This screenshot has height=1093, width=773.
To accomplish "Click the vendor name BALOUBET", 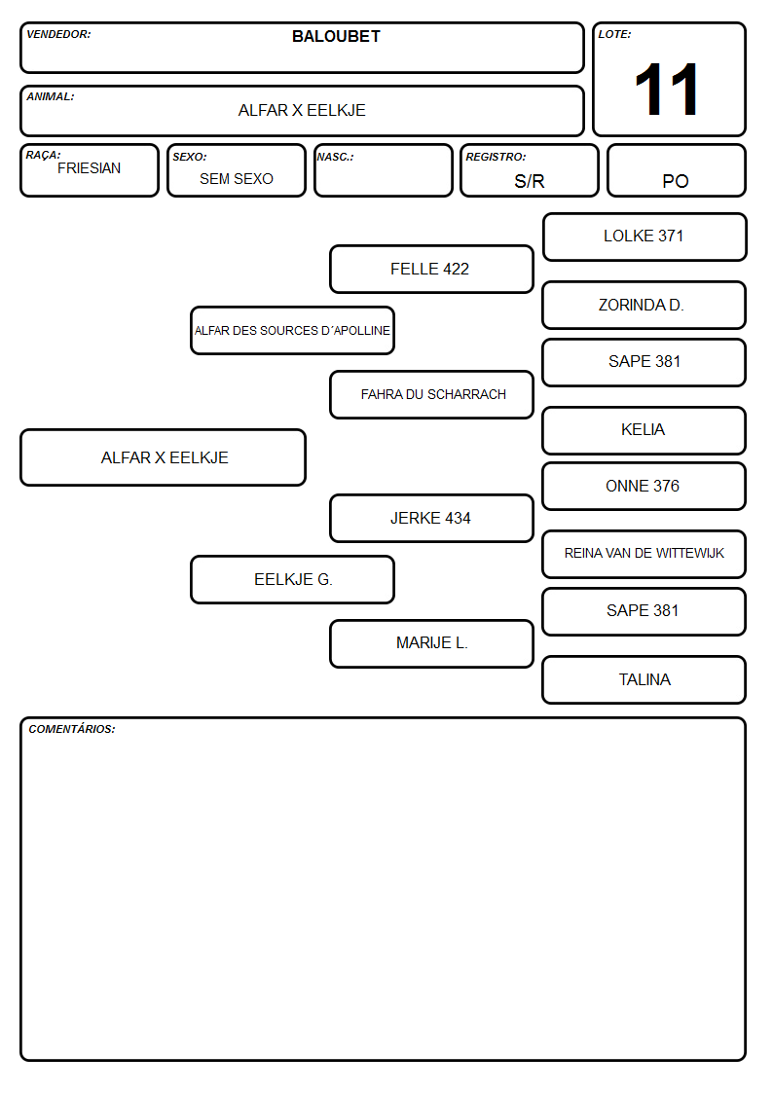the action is (336, 36).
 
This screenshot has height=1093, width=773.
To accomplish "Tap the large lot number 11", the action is (666, 90).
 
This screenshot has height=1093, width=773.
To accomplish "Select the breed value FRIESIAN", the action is (90, 168).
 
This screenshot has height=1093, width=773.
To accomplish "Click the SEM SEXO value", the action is (237, 179).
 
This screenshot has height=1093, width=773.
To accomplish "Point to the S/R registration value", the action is (529, 181).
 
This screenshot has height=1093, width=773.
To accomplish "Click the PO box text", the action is (676, 181).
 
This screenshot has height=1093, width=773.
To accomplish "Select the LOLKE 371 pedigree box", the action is (644, 237).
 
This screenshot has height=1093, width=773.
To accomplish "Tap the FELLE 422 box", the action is (431, 269).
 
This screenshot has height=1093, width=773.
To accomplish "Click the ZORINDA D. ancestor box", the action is (644, 306).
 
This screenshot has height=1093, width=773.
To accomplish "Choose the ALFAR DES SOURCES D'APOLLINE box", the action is (293, 330).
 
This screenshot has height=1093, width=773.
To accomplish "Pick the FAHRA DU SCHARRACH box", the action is (431, 394).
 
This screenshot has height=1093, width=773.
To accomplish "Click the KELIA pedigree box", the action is (644, 430).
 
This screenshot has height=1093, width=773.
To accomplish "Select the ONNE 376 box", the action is (644, 487).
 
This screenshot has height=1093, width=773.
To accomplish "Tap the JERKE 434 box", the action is (431, 519).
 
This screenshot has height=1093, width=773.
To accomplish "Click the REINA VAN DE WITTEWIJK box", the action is (644, 554).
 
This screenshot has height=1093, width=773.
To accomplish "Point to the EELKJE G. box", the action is (293, 579).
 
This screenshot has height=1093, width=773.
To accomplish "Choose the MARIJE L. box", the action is (431, 643).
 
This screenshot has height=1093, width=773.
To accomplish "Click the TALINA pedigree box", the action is (644, 679).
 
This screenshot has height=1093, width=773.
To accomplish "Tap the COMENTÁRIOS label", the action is (72, 729).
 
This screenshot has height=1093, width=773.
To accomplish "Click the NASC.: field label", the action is (335, 158).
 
